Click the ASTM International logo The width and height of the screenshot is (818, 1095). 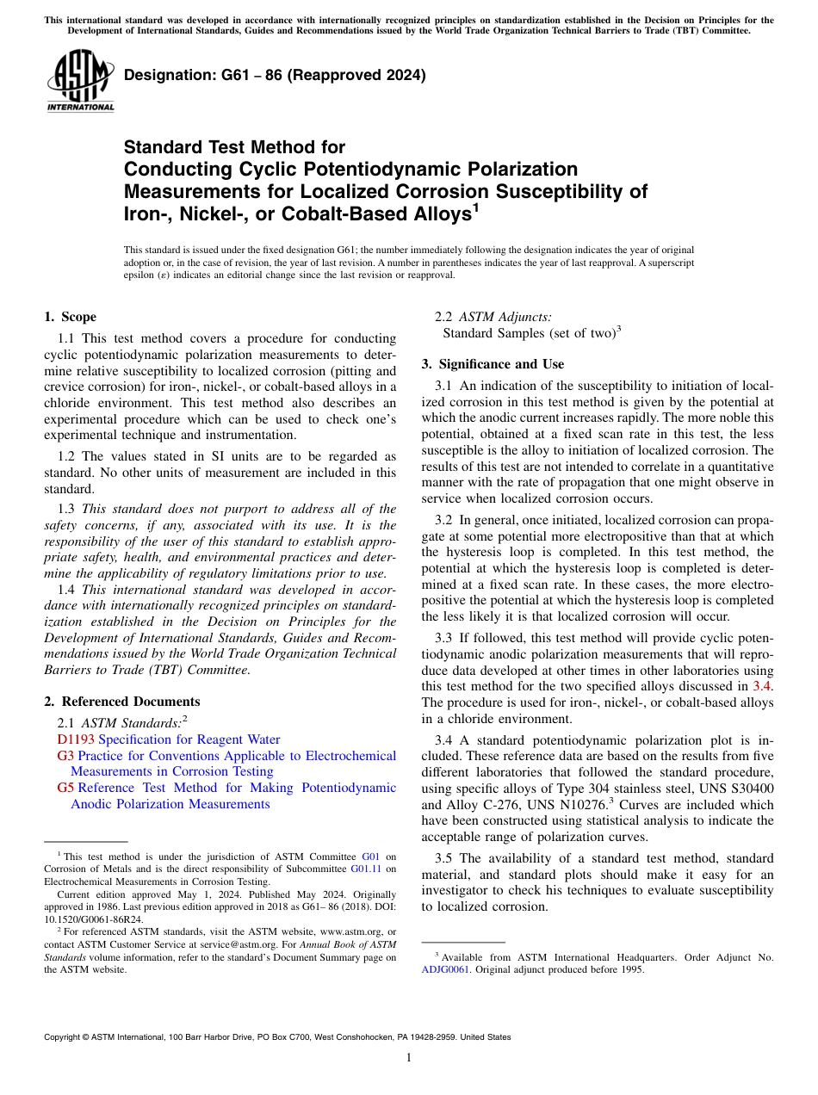click(x=79, y=83)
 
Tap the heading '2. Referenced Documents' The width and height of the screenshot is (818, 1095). click(x=121, y=702)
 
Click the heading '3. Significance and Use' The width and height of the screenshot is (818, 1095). click(x=493, y=364)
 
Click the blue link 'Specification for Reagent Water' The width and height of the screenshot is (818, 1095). click(x=189, y=739)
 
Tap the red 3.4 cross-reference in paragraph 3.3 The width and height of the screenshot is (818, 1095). click(x=763, y=686)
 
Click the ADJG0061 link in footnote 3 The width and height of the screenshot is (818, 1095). click(x=445, y=969)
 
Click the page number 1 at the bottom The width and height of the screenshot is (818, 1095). click(x=409, y=1058)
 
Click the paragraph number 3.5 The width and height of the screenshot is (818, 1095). click(x=444, y=858)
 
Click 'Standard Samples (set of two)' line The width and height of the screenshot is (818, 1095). click(x=528, y=333)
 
